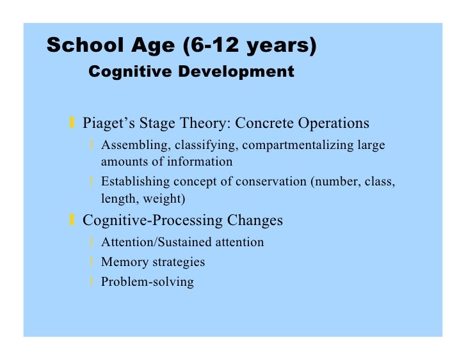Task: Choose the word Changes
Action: (255, 221)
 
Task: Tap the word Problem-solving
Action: (147, 281)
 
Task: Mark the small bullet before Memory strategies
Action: (93, 262)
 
